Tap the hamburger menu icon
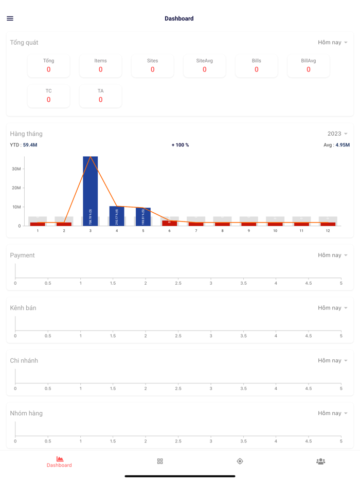click(10, 19)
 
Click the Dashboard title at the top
click(179, 19)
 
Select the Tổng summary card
click(48, 65)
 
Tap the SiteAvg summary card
click(204, 65)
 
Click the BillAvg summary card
click(308, 65)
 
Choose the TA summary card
click(100, 96)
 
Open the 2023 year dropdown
click(337, 134)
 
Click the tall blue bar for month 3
click(91, 190)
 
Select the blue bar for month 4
click(117, 216)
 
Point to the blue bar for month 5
click(143, 216)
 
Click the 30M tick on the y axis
click(16, 169)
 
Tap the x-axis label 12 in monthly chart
click(328, 231)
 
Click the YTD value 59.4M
click(30, 145)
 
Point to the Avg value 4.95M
click(342, 145)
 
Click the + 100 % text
click(180, 145)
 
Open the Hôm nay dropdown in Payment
click(332, 255)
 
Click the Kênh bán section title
click(23, 308)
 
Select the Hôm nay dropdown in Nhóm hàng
click(332, 413)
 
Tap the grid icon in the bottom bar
click(160, 461)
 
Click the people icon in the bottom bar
click(320, 461)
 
